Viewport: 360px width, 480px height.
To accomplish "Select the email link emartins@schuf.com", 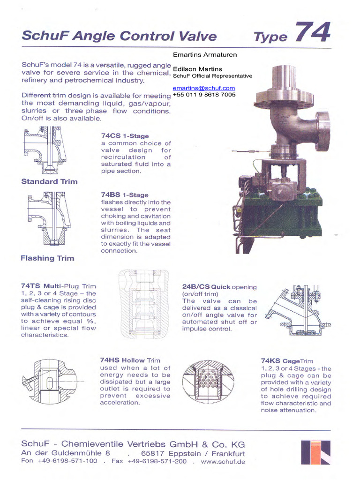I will point(203,88).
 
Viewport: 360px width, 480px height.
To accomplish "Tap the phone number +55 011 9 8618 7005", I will point(204,95).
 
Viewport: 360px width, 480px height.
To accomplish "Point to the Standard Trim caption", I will point(49,181).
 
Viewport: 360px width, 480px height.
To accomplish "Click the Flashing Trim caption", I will point(47,258).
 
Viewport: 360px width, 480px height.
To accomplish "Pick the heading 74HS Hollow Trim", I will point(130,360).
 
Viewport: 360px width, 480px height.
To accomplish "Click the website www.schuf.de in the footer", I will point(223,461).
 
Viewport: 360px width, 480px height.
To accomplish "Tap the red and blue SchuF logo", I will point(316,452).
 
